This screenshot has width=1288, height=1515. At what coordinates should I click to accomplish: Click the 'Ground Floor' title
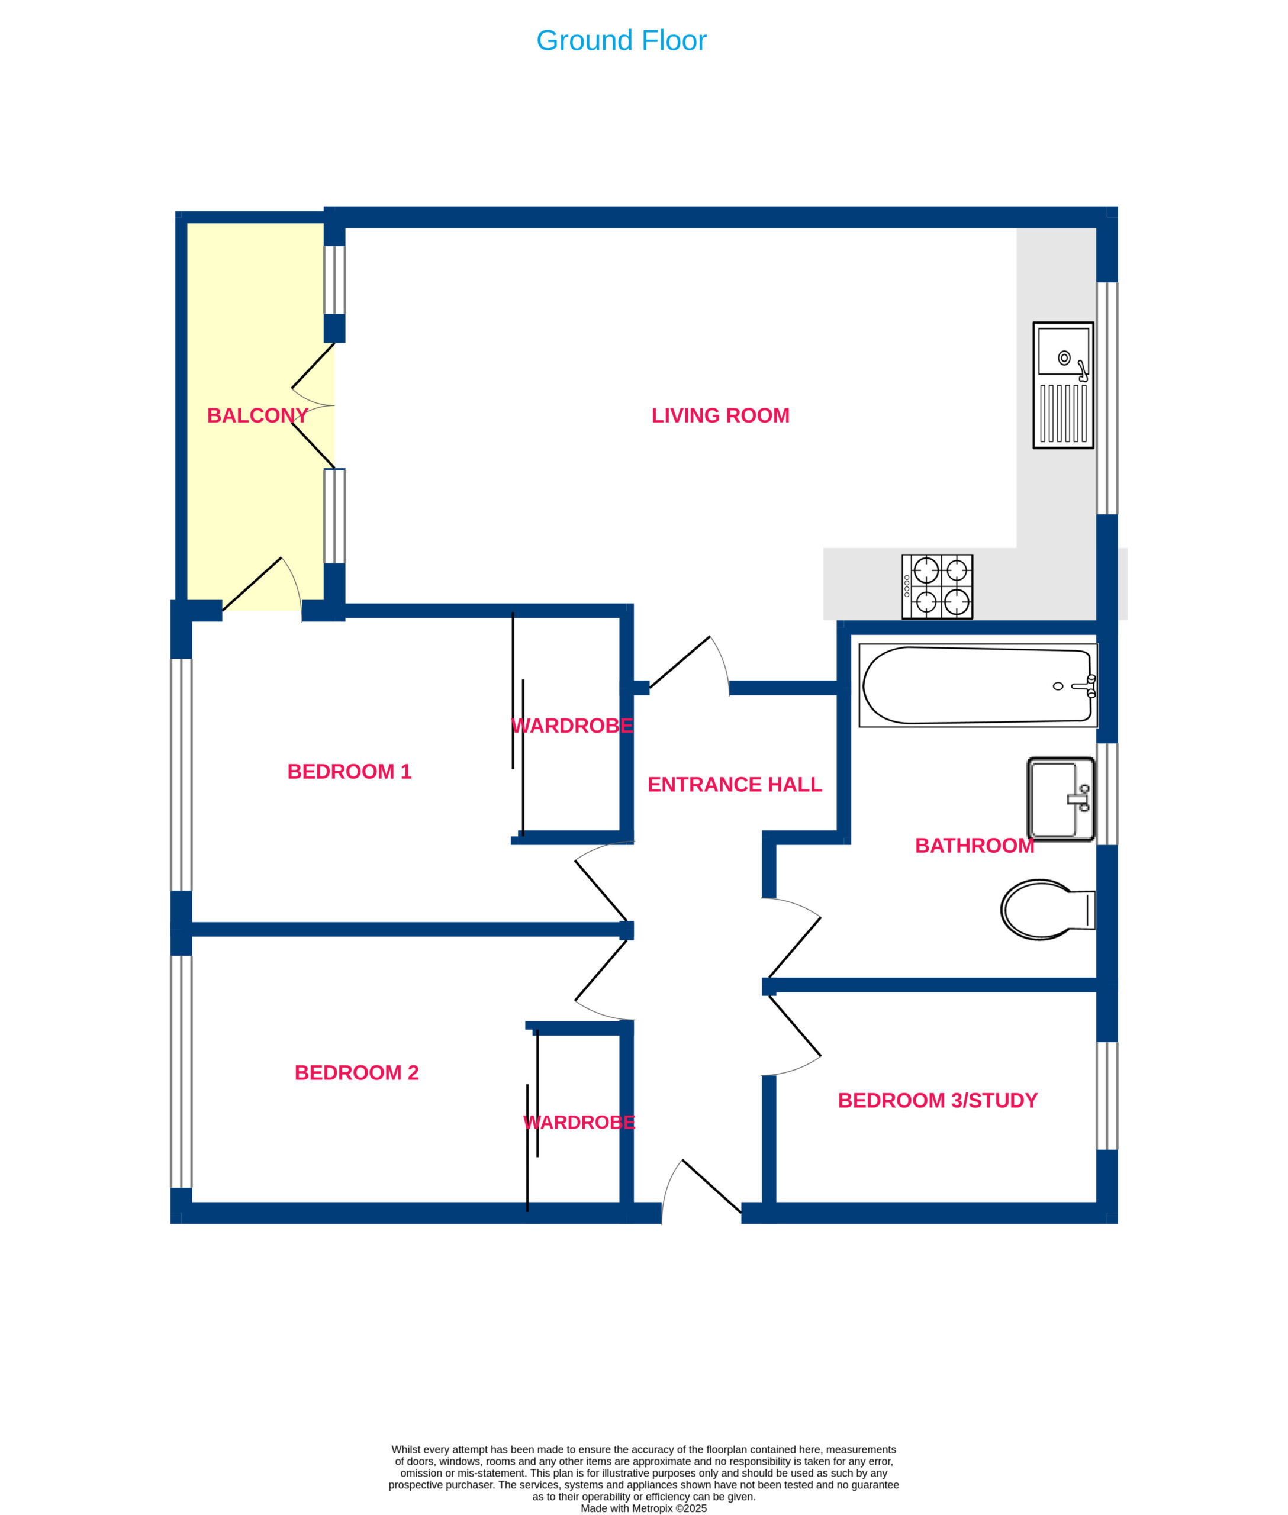point(621,40)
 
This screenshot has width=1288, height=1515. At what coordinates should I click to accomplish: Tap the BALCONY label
point(257,415)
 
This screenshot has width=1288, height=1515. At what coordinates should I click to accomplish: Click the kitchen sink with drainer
point(1063,385)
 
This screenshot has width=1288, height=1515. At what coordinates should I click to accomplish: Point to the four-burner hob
point(937,587)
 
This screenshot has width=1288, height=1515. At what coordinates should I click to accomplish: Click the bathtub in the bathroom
point(978,685)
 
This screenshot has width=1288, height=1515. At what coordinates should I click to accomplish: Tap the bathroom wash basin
point(1061,800)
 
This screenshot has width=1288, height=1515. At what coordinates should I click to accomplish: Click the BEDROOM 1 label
point(349,772)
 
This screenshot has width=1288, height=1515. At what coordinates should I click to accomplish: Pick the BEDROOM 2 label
point(356,1072)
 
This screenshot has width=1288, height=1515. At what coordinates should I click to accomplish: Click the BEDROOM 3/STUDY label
point(938,1100)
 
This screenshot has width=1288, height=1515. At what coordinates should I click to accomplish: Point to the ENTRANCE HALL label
point(735,784)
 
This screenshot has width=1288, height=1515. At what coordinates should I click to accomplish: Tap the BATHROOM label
point(975,846)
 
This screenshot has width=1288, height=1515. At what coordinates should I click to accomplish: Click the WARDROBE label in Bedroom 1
point(572,726)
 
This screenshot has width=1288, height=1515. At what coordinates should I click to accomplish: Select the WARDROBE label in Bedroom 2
point(579,1122)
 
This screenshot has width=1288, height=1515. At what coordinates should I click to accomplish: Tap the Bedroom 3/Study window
point(1107,1095)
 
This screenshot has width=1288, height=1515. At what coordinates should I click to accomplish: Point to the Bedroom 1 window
point(181,775)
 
